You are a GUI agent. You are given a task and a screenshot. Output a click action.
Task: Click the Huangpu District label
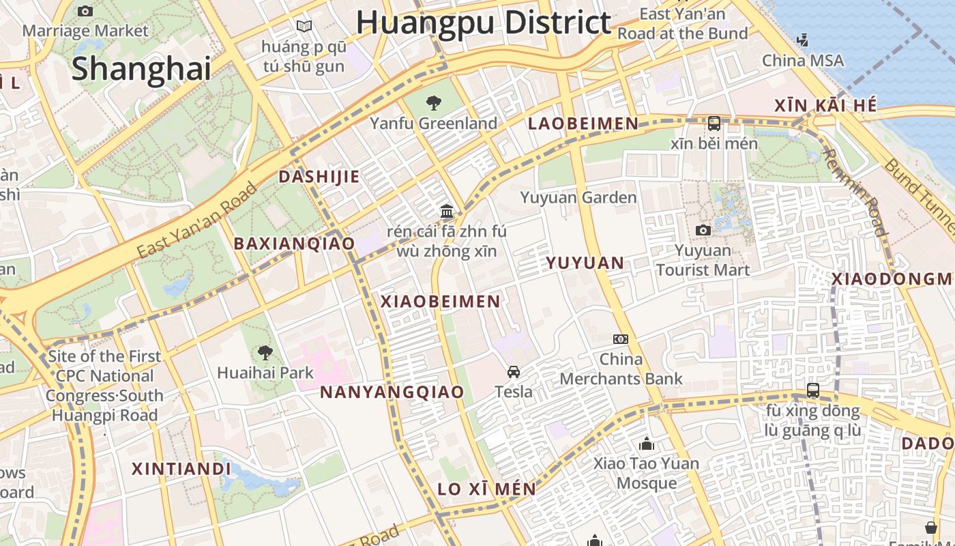click(x=483, y=22)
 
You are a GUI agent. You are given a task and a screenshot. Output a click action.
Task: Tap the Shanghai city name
click(x=141, y=69)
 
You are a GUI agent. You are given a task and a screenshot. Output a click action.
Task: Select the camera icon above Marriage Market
click(x=85, y=11)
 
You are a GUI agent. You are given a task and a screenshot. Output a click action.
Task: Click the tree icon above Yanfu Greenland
click(x=433, y=103)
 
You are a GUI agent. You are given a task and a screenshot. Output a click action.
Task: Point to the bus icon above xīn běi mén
click(x=714, y=124)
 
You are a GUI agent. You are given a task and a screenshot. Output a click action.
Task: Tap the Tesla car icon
click(x=514, y=372)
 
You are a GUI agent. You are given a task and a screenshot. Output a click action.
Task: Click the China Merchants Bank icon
click(x=621, y=339)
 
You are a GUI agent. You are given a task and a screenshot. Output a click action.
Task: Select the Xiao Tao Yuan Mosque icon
click(x=647, y=444)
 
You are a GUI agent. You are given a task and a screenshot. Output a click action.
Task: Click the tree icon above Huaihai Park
click(x=265, y=353)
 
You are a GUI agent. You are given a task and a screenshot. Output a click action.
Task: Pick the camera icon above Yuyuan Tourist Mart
click(x=703, y=231)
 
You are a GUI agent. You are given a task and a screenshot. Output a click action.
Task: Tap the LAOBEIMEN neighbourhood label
click(x=583, y=124)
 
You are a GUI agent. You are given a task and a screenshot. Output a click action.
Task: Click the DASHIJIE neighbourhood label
click(x=319, y=177)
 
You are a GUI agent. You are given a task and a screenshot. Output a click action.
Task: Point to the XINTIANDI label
click(x=181, y=469)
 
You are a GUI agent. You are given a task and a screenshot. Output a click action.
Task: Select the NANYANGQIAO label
click(x=392, y=392)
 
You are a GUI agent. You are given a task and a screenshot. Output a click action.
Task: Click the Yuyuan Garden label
click(x=578, y=198)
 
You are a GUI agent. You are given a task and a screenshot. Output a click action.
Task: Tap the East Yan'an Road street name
click(x=197, y=220)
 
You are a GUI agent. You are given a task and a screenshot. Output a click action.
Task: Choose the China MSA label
click(x=803, y=61)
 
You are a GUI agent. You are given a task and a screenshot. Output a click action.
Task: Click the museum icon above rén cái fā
click(x=447, y=210)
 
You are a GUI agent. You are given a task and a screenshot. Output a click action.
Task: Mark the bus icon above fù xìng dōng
click(x=813, y=390)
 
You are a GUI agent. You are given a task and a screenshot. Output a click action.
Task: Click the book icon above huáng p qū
click(x=304, y=27)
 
